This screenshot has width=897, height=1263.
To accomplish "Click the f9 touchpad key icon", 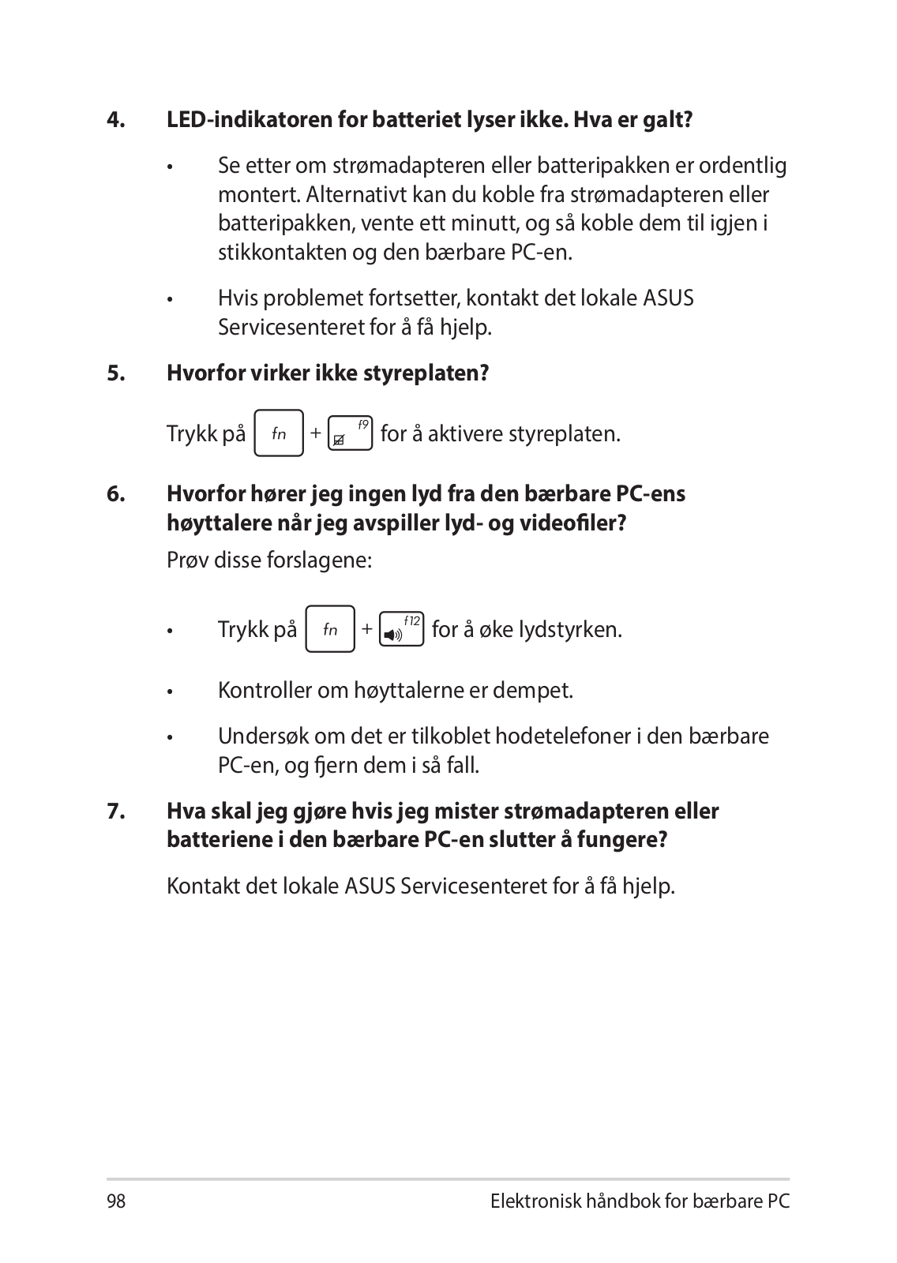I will pos(349,433).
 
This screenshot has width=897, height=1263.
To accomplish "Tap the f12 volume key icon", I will pos(401,629).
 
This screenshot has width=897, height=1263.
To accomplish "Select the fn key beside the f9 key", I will pos(279,433).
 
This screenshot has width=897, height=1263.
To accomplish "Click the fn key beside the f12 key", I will pos(330,629).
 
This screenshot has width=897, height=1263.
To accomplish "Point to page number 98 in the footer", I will pos(116,1201).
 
